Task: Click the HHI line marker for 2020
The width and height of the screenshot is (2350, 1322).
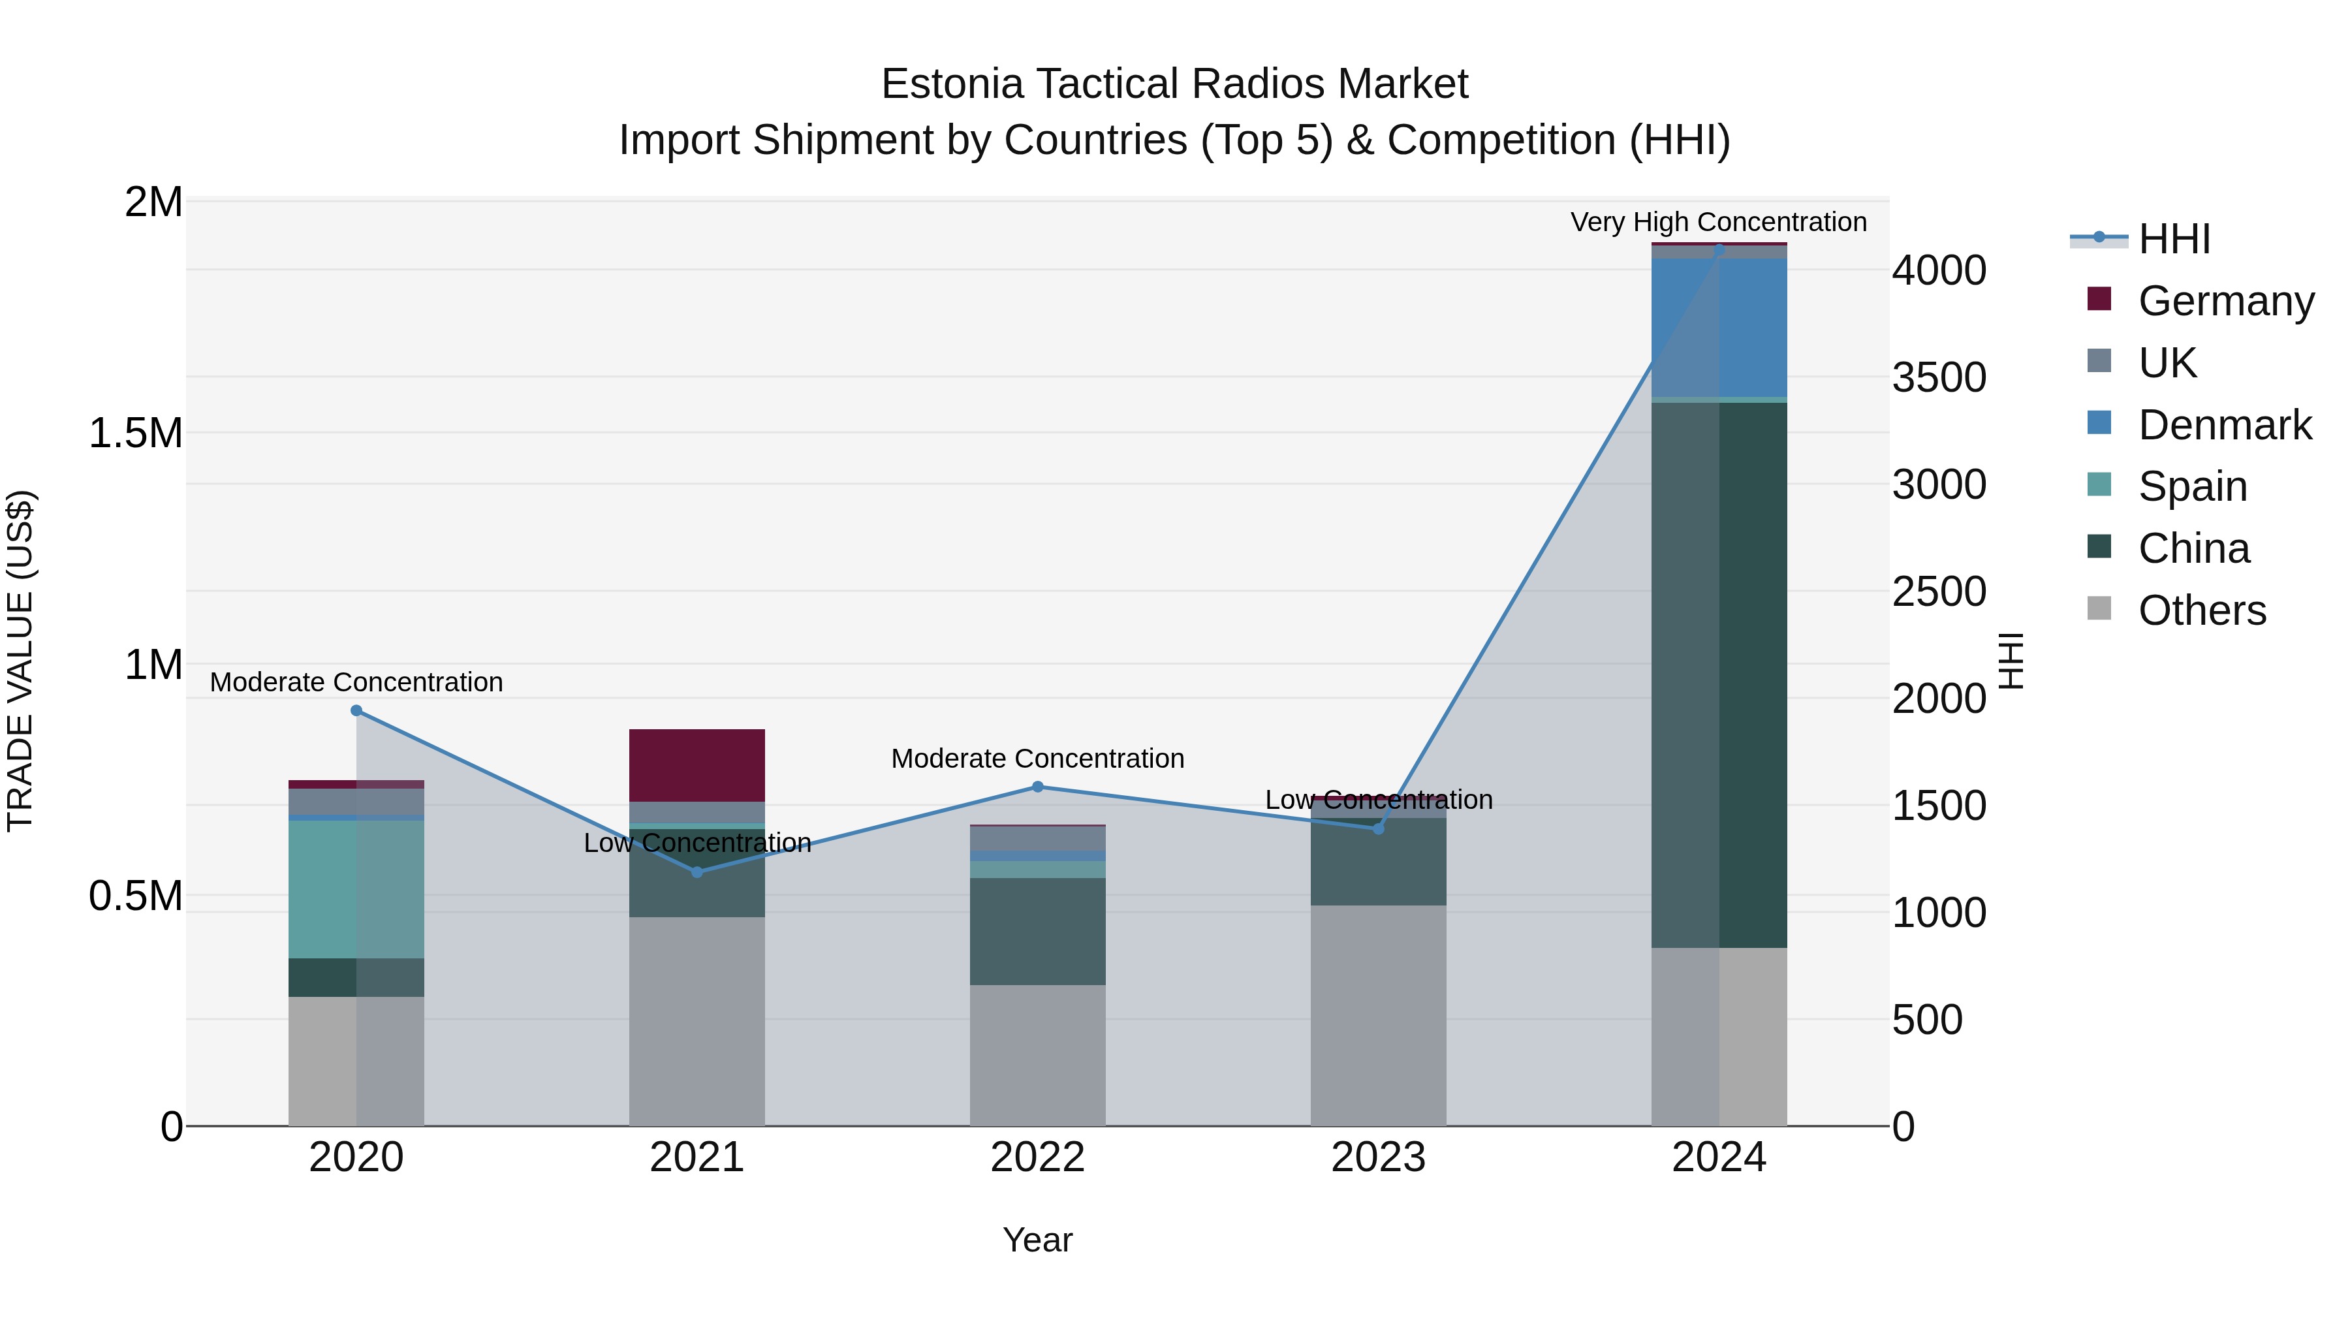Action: (x=356, y=711)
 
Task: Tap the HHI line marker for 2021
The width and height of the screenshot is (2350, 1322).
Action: (x=697, y=872)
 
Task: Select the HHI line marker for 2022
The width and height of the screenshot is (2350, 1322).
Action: (x=1037, y=787)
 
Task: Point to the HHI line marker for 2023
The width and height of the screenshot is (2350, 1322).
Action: (x=1379, y=828)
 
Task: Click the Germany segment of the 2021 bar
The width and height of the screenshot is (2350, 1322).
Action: (x=697, y=764)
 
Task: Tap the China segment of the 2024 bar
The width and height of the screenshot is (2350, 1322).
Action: (x=1719, y=674)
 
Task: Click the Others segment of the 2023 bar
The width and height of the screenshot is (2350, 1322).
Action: (x=1379, y=1015)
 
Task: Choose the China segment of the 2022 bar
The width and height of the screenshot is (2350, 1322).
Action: (x=1037, y=930)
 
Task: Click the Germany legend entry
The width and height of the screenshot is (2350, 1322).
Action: (x=2225, y=301)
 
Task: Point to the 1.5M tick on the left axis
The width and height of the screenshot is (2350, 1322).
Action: (x=136, y=433)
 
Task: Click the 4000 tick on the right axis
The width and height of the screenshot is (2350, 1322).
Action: (x=1939, y=271)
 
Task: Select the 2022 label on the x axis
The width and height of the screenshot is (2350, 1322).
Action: (x=1037, y=1157)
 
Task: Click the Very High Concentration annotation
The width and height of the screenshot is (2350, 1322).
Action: (x=1718, y=222)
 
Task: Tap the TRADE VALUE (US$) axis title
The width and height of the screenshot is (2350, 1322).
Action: (x=20, y=661)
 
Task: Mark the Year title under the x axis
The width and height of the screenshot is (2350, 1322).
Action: (x=1037, y=1240)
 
